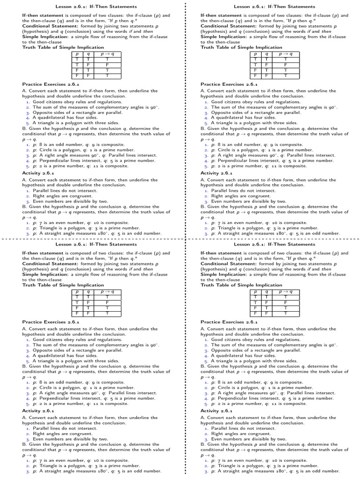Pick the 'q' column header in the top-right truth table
267,54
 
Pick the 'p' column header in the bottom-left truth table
77,292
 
